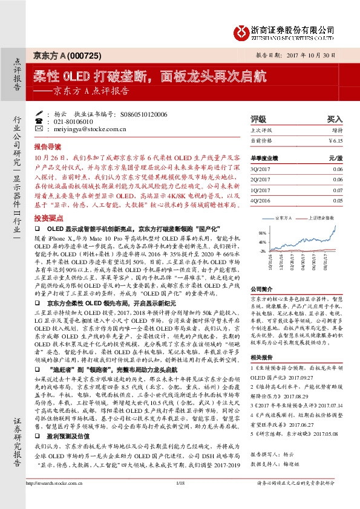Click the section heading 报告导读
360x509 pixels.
(x=47, y=147)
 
